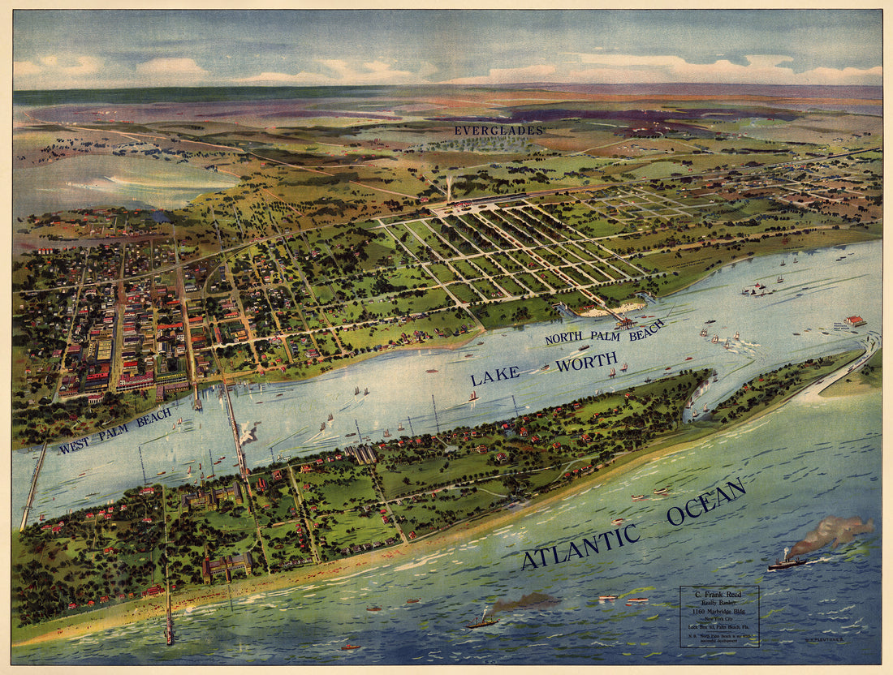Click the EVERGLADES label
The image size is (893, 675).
498,130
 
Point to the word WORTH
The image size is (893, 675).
586,362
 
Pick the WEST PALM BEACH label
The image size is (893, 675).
114,430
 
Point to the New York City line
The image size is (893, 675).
719,617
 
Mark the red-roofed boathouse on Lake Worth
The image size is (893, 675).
854,320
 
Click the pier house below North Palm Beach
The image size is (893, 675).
625,322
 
